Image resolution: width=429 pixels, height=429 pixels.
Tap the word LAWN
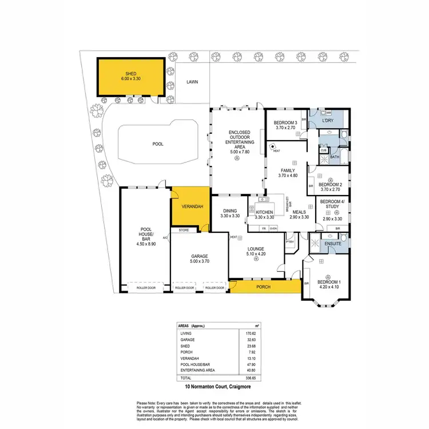tap(192, 82)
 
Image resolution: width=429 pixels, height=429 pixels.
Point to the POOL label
tap(158, 144)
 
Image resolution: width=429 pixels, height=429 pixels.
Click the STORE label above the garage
tap(184, 230)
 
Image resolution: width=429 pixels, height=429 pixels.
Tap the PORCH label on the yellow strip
tap(263, 287)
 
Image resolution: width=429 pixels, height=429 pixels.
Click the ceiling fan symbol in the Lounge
tap(257, 259)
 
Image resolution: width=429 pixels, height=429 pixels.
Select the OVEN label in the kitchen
tap(273, 228)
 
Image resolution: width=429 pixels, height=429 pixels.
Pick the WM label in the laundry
tap(321, 113)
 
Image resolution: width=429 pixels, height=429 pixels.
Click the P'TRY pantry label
tap(290, 241)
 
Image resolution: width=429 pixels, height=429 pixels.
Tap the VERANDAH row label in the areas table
tap(192, 359)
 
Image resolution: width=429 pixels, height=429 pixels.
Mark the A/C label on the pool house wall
tap(165, 237)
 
